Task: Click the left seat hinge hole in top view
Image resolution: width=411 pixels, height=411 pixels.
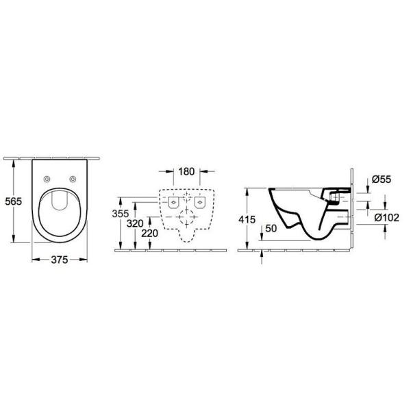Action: coord(46,179)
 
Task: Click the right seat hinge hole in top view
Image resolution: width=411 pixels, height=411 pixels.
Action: coord(72,179)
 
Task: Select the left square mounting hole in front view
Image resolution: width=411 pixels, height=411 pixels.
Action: coord(171,202)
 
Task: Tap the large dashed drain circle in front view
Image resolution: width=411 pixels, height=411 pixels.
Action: coord(186,221)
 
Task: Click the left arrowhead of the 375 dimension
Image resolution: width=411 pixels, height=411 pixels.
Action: coord(34,259)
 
